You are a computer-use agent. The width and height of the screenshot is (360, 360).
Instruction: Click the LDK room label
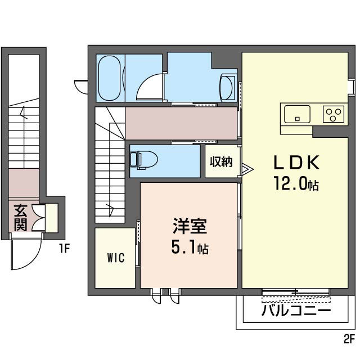point(296,163)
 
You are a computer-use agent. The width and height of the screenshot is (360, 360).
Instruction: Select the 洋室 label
point(190,226)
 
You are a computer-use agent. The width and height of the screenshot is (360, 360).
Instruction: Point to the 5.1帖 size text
point(190,247)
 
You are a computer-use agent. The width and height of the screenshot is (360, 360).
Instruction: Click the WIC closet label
point(116,258)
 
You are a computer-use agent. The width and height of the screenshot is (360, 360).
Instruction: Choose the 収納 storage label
point(221,161)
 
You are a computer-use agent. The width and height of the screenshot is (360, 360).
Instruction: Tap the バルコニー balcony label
point(296,311)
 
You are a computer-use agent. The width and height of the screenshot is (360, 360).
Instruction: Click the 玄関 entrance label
point(21,217)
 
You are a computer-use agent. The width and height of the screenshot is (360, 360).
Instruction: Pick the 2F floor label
point(349,339)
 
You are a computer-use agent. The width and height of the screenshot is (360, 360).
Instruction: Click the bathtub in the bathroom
point(109,78)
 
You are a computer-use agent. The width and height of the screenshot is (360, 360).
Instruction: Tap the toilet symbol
point(144,160)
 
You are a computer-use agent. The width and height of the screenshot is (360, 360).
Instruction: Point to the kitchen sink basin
point(297,114)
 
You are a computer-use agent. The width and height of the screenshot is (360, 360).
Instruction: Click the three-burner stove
point(334,114)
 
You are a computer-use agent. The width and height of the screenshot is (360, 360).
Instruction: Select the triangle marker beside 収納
point(247,169)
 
